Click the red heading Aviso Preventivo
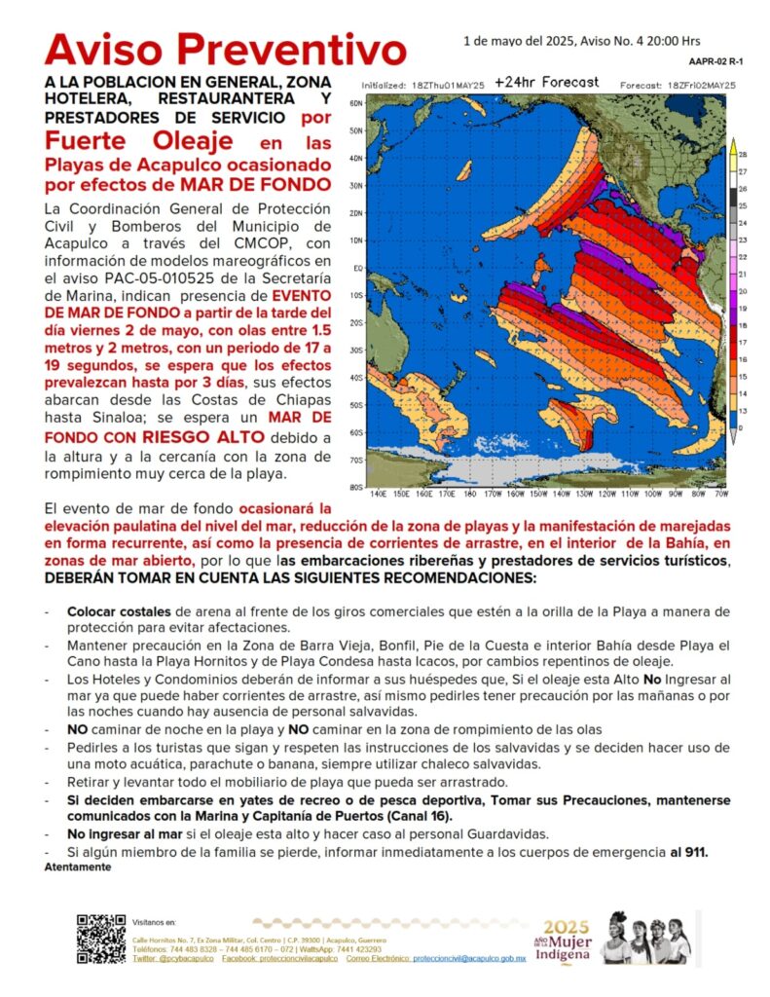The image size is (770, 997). coord(225,50)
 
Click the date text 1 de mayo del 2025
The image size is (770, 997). coord(515,41)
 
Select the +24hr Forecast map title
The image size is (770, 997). coord(546,82)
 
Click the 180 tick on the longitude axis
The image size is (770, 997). coord(470,494)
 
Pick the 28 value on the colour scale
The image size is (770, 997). coord(743,155)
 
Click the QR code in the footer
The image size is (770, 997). coord(101,939)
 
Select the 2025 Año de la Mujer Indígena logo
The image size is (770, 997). coord(566,940)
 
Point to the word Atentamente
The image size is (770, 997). coord(78,867)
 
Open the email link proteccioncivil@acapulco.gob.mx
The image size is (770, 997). coord(468,959)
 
